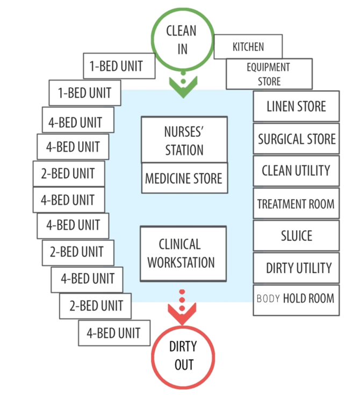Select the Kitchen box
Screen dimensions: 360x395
[x=248, y=47]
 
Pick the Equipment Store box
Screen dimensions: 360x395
[x=269, y=74]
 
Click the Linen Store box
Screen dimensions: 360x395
[x=296, y=106]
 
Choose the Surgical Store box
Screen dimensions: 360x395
[x=296, y=138]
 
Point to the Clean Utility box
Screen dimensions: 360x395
[x=296, y=171]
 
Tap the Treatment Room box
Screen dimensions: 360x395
[x=296, y=203]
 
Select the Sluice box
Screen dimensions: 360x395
[x=296, y=236]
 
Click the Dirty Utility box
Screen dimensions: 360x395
[x=296, y=268]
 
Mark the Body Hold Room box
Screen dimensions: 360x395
[x=296, y=301]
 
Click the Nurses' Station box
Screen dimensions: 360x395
[x=184, y=140]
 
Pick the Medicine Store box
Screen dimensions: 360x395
[x=185, y=178]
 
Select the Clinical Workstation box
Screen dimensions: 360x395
[x=183, y=253]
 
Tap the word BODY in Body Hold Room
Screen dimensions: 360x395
[x=268, y=298]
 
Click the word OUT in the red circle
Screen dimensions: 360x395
[x=184, y=364]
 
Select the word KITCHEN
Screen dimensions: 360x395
[x=248, y=47]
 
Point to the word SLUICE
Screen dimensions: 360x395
[x=297, y=236]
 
